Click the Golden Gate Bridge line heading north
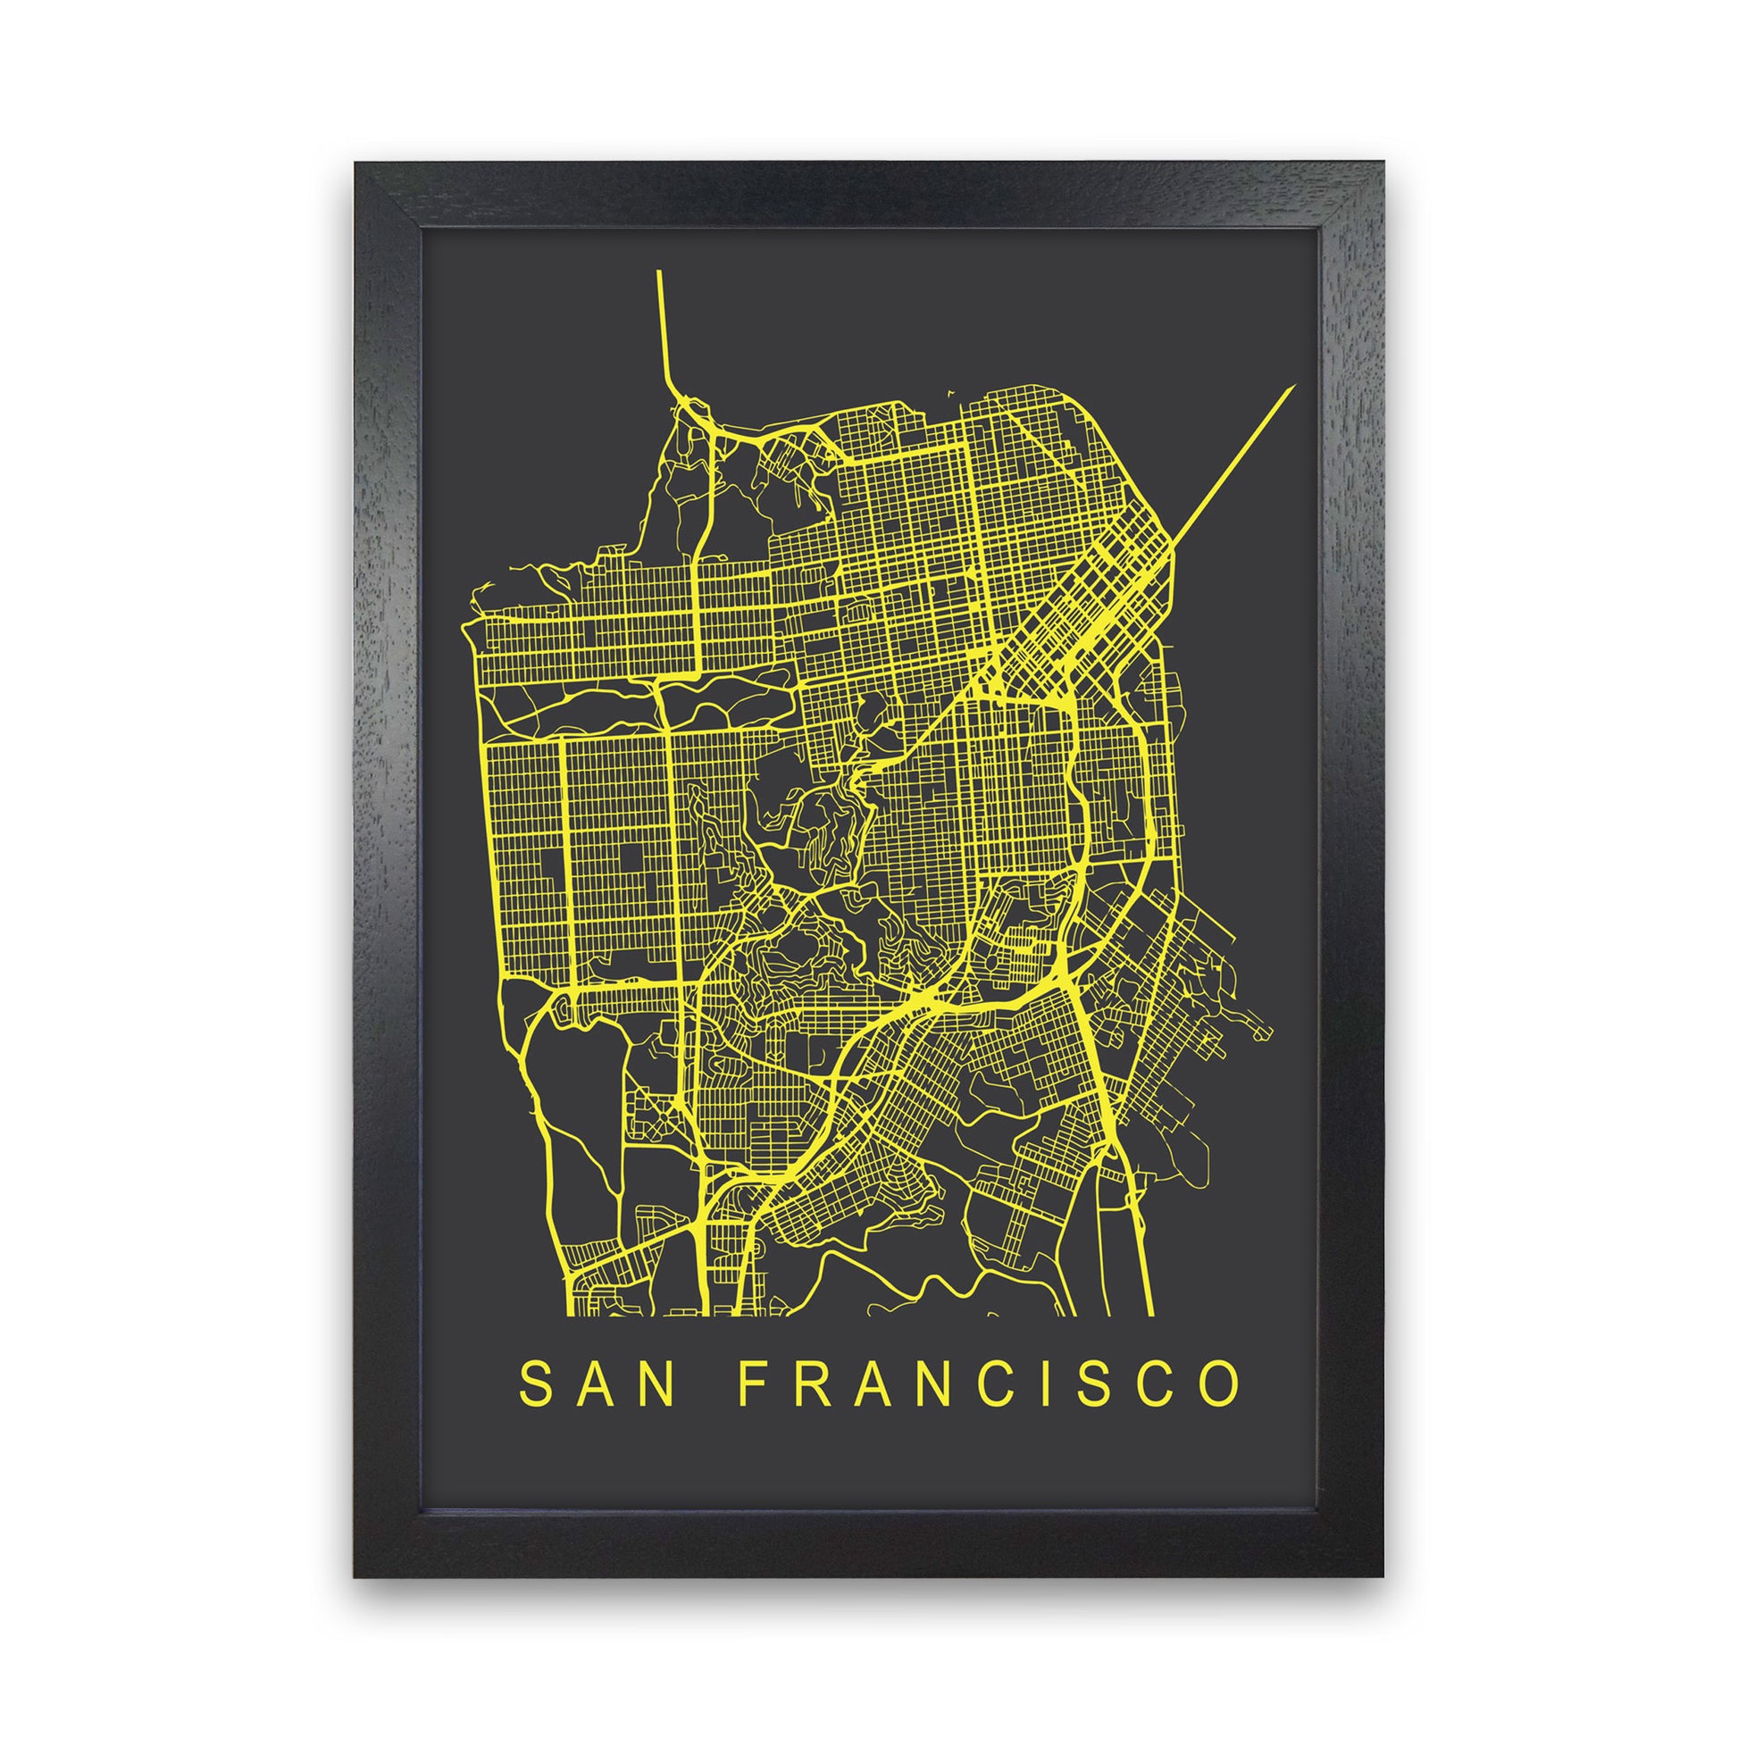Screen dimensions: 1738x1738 point(663,324)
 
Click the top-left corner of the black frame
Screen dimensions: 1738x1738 point(357,163)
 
